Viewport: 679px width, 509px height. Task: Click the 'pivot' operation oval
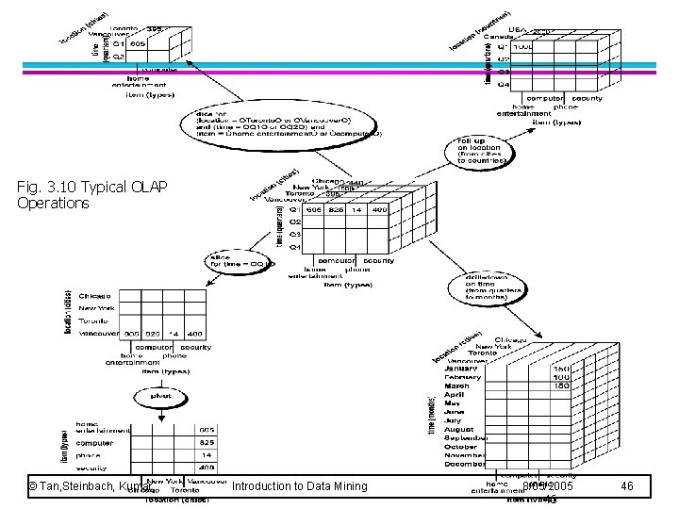[x=160, y=397]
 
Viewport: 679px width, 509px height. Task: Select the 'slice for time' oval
[x=240, y=262]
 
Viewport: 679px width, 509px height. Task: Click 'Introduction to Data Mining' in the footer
[x=299, y=486]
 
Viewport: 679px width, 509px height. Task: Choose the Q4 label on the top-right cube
[x=504, y=84]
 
